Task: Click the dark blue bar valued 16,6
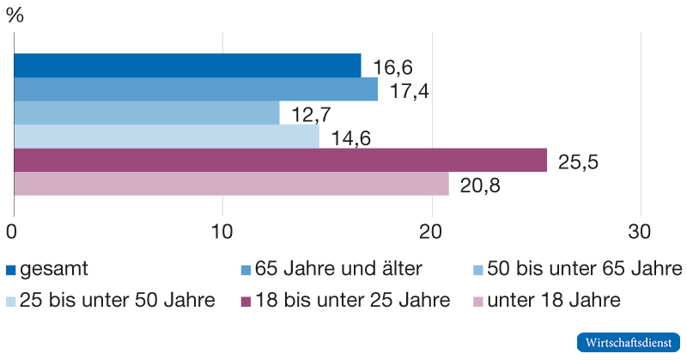coord(187,65)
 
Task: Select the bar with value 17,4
coord(196,89)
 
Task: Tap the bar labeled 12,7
coord(147,113)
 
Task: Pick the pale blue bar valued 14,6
coord(167,137)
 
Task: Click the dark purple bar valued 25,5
coord(281,160)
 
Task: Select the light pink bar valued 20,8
coord(232,184)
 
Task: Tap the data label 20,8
coord(478,185)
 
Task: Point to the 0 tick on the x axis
coord(13,232)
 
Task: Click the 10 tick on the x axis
coord(222,232)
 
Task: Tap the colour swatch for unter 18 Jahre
coord(479,302)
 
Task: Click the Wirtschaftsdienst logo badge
coord(628,341)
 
